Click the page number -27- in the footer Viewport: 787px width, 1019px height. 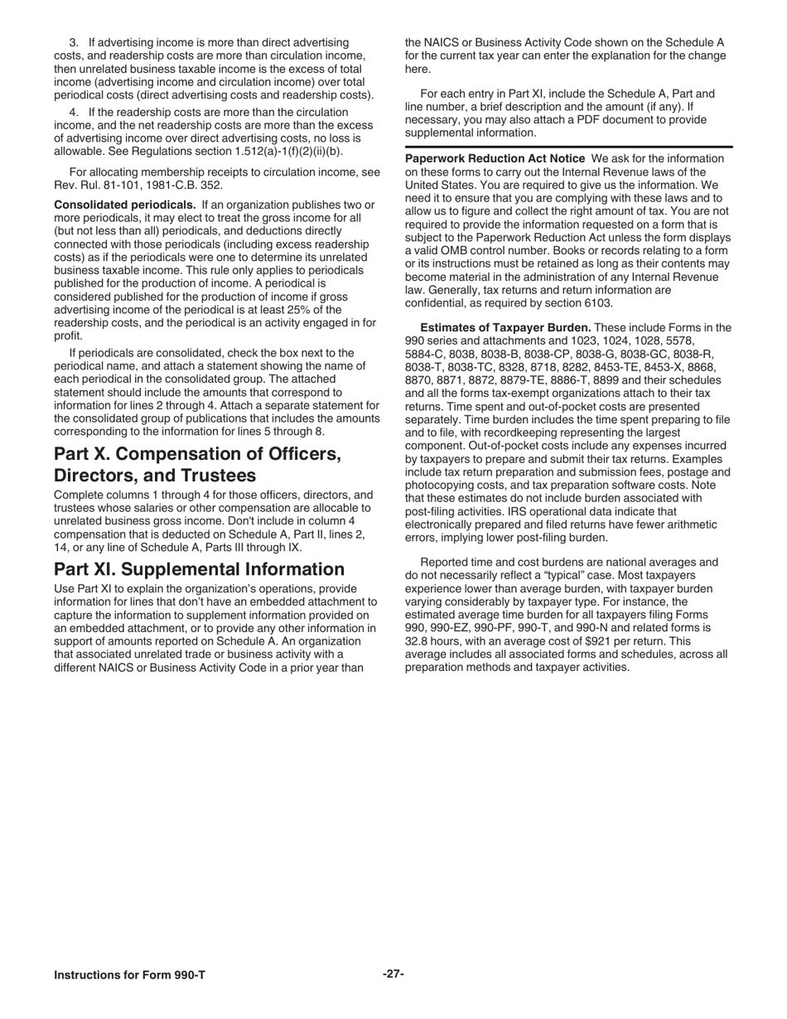tap(393, 973)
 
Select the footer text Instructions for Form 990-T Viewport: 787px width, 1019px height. tap(129, 974)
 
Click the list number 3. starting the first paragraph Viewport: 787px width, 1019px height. tap(74, 41)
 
